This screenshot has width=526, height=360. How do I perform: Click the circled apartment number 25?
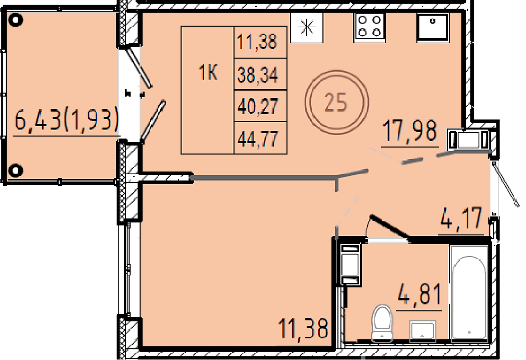point(337,102)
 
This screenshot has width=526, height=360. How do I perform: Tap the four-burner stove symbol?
point(369,27)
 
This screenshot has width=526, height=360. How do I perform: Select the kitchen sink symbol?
point(432,27)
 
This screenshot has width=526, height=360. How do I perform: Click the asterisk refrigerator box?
point(307,27)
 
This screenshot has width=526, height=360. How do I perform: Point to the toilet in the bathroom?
point(382,323)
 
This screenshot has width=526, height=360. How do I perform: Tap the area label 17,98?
point(410,132)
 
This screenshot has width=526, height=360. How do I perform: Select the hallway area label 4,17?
point(461,219)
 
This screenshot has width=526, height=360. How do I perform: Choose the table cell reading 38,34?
point(260,75)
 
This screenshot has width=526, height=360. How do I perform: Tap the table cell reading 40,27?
point(260,106)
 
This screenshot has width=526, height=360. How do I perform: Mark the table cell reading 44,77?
point(260,138)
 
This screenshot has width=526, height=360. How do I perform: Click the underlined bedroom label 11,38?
point(304,329)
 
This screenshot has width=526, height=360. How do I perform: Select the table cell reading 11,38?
point(260,43)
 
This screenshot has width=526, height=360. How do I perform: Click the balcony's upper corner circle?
point(15,20)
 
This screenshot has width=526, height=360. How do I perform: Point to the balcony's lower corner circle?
point(15,170)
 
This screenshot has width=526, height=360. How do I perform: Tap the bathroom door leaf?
point(389,227)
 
